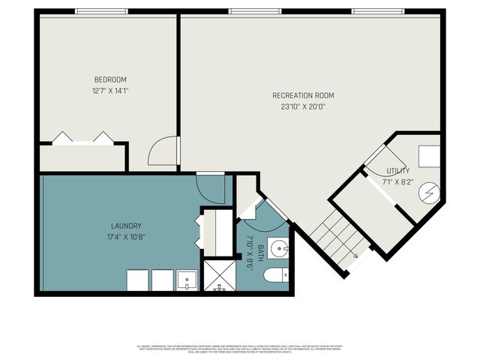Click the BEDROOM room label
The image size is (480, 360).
pos(109,80)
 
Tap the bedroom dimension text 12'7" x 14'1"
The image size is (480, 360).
pos(109,90)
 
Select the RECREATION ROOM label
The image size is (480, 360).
pos(303,95)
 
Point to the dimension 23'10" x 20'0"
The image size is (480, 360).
pos(303,106)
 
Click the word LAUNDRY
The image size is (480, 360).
pos(126,226)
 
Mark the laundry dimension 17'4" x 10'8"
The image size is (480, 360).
pos(126,236)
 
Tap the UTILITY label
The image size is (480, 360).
pos(397,171)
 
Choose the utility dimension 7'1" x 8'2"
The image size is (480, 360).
pos(397,181)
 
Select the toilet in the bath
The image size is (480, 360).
pos(277,276)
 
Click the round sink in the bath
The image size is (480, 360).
pos(278,247)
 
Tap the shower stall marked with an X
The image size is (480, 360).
pos(220,274)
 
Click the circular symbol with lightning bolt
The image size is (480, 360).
pos(428,194)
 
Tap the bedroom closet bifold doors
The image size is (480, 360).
pos(82,139)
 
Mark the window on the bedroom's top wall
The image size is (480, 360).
pos(100,11)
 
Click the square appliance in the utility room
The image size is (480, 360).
pos(428,155)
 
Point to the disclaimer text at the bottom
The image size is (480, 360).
pos(240,349)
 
